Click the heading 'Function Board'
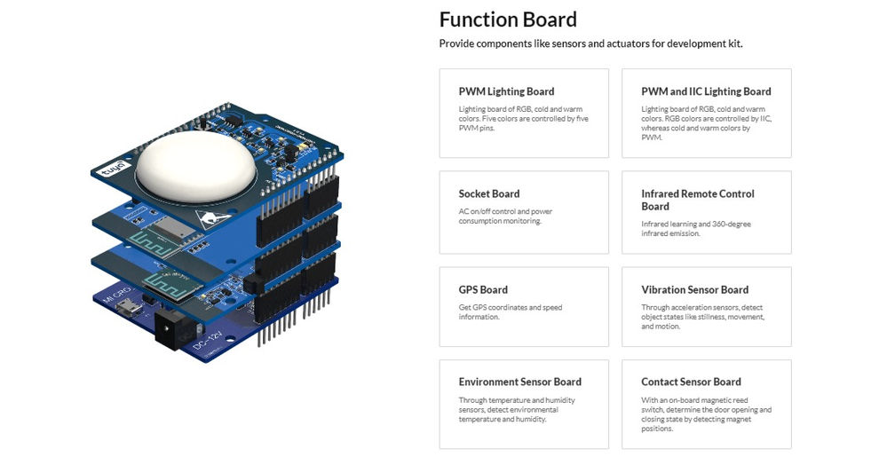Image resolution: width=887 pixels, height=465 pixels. pos(508,20)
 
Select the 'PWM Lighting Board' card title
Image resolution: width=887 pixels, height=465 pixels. pos(506,91)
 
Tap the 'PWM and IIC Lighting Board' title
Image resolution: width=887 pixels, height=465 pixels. pos(706,91)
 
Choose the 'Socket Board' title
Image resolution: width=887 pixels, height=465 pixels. pos(488,193)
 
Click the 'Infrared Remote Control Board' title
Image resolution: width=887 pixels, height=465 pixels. pos(697,200)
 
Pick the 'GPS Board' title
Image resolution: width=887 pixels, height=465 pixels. pos(483,289)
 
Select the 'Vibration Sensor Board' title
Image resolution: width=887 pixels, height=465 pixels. pos(694,289)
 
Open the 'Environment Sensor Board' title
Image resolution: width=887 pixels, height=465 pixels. pos(519,382)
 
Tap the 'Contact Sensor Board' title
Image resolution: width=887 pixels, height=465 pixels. pos(691,382)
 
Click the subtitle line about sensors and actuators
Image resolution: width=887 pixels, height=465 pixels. pos(590,43)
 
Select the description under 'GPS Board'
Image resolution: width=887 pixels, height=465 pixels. pos(510,312)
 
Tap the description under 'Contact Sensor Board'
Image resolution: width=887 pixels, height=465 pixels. pos(706,414)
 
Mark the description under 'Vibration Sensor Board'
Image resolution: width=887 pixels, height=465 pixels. pos(702,317)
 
